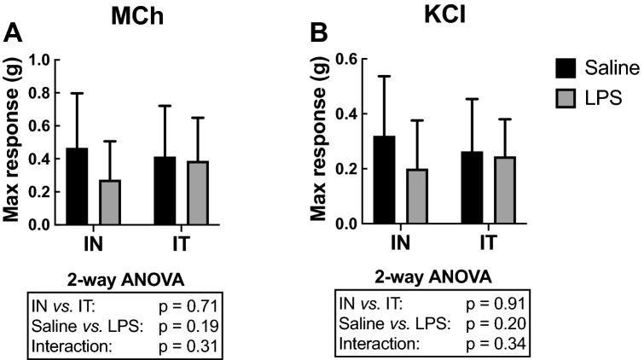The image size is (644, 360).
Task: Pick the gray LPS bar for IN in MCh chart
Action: (x=110, y=202)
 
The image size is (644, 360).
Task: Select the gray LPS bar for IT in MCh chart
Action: (x=197, y=193)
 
